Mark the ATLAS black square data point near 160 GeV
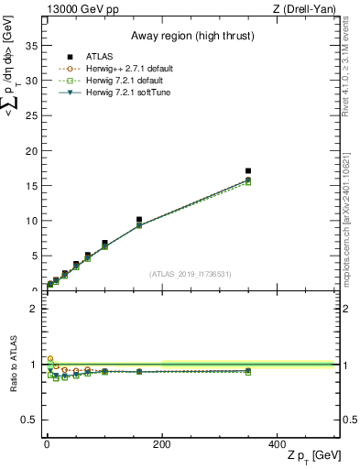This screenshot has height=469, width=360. (139, 220)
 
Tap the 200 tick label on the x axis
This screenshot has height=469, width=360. (162, 443)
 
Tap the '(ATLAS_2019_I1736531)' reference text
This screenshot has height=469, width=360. (191, 274)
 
